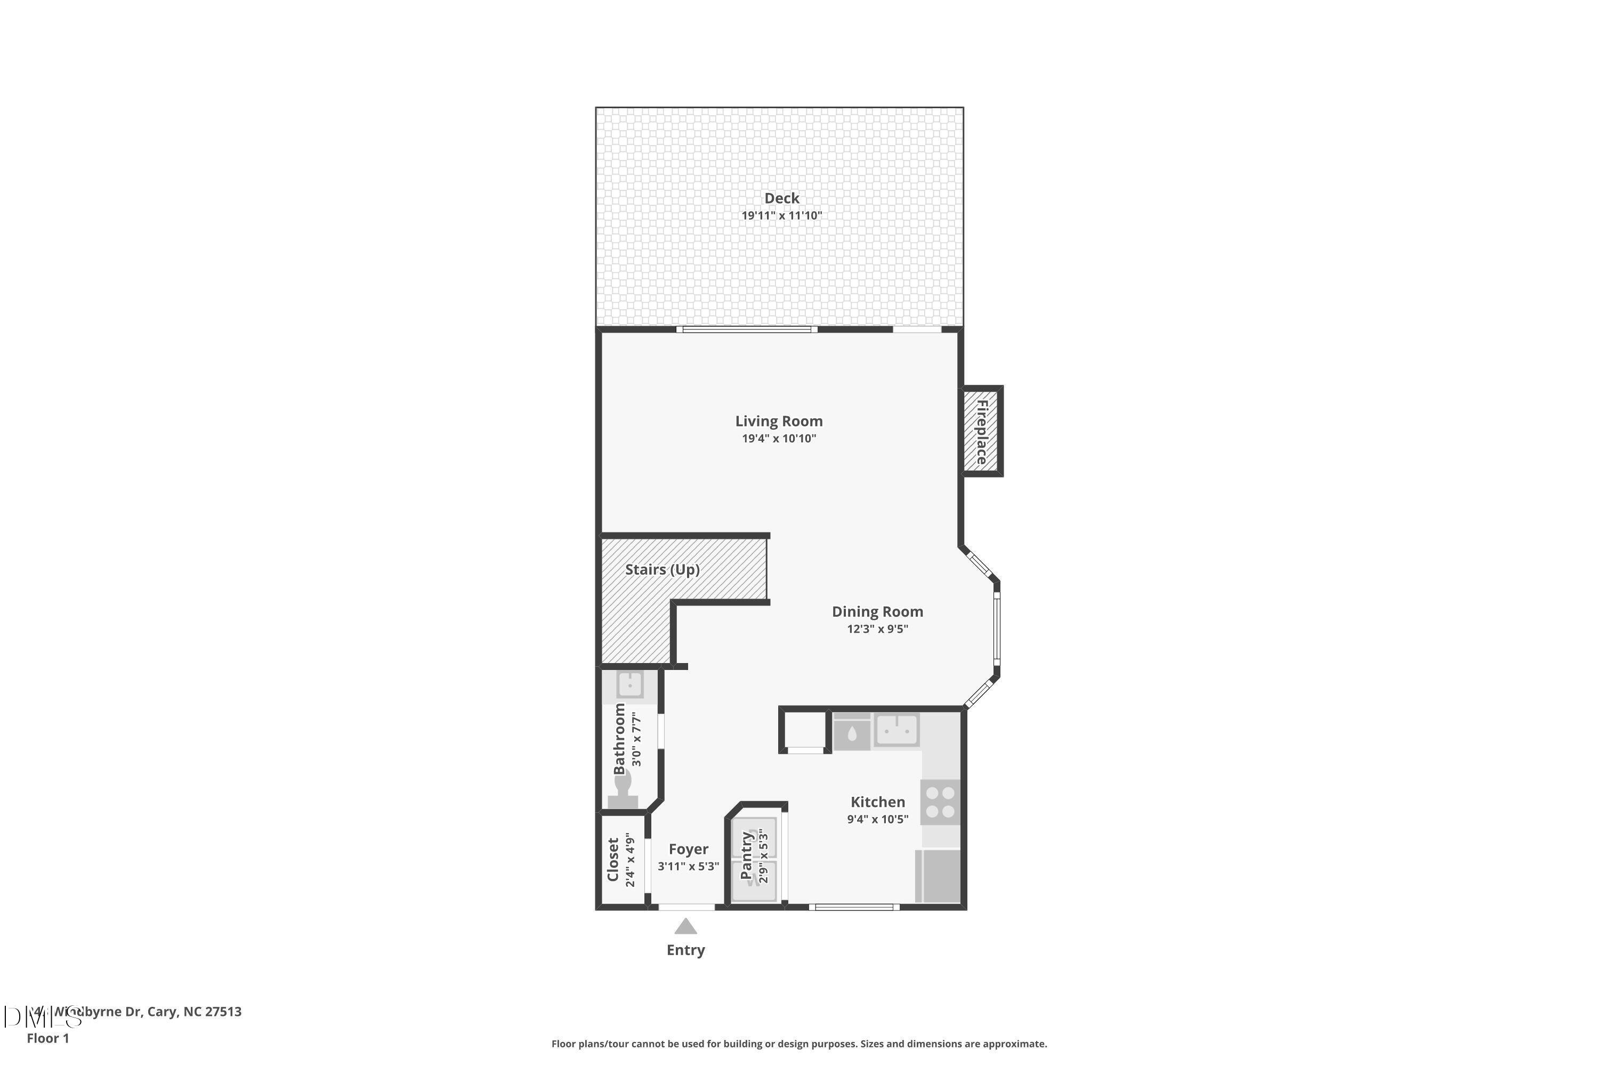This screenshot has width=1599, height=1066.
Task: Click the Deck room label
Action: point(781,198)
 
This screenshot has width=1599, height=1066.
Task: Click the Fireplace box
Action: point(981,431)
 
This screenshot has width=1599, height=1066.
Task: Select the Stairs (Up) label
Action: point(662,570)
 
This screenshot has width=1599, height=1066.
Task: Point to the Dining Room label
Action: point(877,611)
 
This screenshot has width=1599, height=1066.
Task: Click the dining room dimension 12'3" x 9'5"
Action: point(877,629)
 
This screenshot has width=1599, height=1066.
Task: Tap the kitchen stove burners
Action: point(940,802)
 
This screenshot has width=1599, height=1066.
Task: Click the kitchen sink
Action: point(897,730)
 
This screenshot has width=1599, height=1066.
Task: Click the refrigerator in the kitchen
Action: point(939,876)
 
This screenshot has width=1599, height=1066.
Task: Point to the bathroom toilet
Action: point(623,792)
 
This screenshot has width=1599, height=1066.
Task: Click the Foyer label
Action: point(688,849)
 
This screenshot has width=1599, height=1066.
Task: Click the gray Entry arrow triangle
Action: point(685,927)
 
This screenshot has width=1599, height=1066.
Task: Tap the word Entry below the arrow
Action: point(685,950)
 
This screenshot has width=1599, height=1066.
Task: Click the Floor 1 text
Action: point(47,1038)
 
